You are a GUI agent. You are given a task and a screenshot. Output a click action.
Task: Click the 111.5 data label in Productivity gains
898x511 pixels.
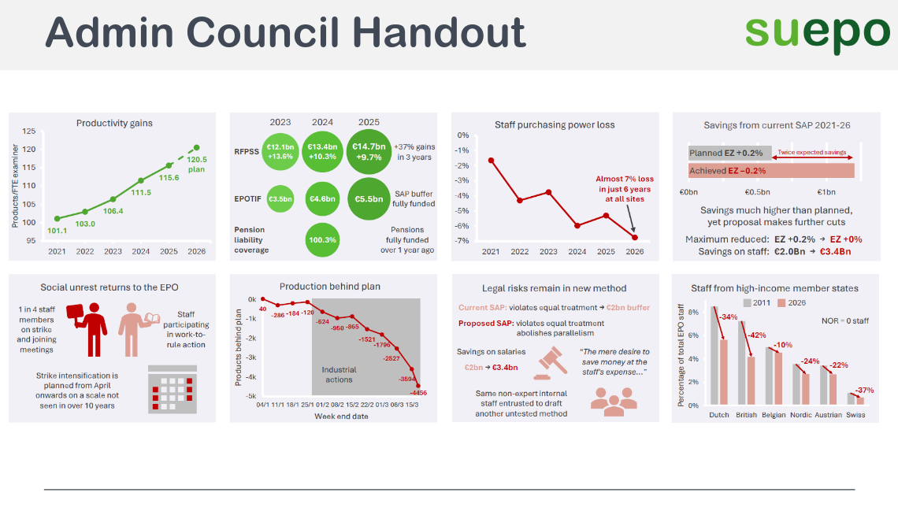(x=142, y=192)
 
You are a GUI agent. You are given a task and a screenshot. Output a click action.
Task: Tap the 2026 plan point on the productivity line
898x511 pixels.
(x=196, y=147)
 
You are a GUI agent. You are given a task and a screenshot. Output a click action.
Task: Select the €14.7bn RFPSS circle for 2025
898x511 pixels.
(x=369, y=152)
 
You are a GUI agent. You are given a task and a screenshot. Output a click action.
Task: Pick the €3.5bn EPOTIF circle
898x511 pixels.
(x=280, y=199)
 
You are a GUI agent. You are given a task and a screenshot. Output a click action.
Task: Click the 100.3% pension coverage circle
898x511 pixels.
(x=324, y=239)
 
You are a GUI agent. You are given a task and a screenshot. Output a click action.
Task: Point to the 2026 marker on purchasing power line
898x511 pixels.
(x=635, y=237)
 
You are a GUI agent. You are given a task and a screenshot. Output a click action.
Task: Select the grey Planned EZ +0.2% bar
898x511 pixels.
(x=727, y=153)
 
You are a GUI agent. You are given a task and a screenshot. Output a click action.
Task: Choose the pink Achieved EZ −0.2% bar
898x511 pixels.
(x=771, y=170)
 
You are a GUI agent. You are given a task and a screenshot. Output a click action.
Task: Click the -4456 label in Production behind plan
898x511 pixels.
(x=418, y=392)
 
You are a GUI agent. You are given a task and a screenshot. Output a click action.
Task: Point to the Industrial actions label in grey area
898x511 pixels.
(x=339, y=375)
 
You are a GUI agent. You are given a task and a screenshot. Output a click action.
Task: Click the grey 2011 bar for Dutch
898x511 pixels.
(x=714, y=355)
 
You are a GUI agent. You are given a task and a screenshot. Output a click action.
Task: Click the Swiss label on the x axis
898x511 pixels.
(x=855, y=415)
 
